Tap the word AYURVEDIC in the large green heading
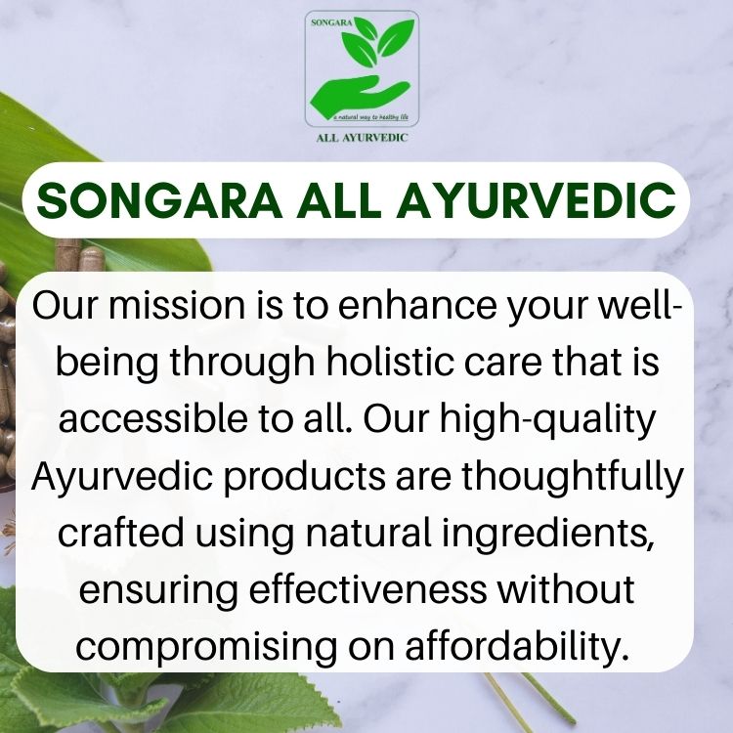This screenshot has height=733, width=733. point(536,200)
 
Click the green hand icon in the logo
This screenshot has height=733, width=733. point(359,95)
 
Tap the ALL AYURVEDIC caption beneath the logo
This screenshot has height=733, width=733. point(362,138)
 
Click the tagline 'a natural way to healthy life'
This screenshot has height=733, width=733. point(370,117)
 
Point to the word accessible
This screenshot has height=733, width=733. point(152,418)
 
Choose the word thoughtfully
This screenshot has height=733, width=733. point(573,477)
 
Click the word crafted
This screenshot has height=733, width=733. point(120,533)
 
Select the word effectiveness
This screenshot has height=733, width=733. point(367,589)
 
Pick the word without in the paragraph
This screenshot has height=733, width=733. point(565,589)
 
